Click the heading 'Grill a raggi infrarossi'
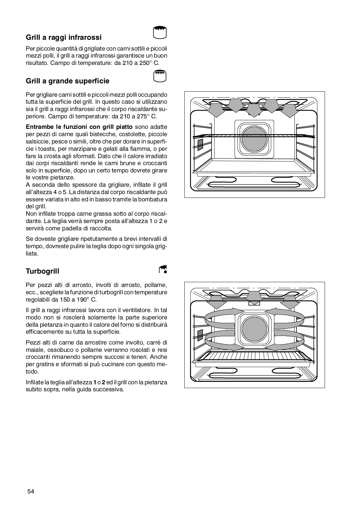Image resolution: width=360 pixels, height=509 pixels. pos(64,38)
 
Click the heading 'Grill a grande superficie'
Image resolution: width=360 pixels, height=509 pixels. pos(67,81)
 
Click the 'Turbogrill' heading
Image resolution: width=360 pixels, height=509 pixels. pos(42,271)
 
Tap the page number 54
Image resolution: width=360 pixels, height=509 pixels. pos(31,492)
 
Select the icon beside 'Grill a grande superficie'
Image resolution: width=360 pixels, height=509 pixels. pos(160,76)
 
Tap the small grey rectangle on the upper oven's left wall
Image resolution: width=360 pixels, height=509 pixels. pos(200,144)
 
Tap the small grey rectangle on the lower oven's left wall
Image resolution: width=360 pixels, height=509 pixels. pos(200,335)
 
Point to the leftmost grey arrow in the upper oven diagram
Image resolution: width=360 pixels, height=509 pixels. pos(215,110)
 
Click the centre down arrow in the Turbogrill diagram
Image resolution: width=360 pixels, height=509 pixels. pos(254,297)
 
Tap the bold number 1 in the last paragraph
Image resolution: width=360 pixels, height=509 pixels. pos(95,382)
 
